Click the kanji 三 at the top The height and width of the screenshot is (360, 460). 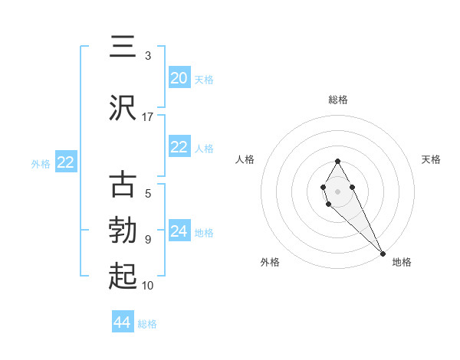[x=123, y=46]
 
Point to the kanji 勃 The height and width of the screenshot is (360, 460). [x=123, y=230]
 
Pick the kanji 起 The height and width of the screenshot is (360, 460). [x=123, y=275]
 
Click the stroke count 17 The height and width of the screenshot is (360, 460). [x=148, y=117]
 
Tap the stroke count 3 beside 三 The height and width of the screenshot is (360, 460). [x=148, y=55]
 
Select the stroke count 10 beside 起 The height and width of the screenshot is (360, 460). [x=148, y=286]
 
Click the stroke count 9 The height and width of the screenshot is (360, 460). [x=148, y=240]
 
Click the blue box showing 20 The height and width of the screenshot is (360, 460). [x=179, y=78]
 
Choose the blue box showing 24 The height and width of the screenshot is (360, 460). [x=179, y=231]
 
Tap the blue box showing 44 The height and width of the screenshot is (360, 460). [x=123, y=322]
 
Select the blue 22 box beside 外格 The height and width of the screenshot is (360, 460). [x=66, y=162]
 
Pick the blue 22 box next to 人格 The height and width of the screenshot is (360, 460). [x=179, y=147]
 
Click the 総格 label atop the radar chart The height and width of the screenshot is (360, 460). [x=338, y=100]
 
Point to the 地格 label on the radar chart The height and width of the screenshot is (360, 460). [x=402, y=262]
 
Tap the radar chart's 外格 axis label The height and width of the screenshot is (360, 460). [x=270, y=262]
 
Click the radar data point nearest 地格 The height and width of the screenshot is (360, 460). [x=383, y=253]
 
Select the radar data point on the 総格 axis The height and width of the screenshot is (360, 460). [x=338, y=161]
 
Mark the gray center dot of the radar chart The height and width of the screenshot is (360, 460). [x=338, y=190]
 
